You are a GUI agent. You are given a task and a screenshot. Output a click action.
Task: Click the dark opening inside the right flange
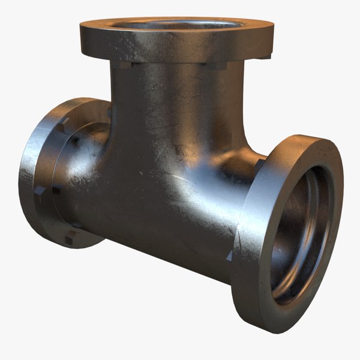300,234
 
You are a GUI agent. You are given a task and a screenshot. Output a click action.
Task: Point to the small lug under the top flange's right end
265,58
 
